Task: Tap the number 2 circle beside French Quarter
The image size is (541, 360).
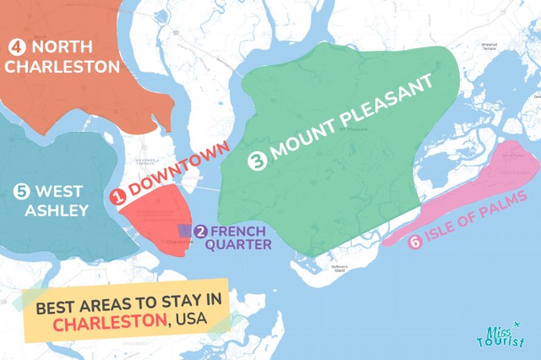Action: [x=201, y=232]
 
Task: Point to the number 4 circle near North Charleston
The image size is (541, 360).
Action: [x=17, y=46]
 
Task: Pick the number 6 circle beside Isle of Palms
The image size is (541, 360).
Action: [x=414, y=243]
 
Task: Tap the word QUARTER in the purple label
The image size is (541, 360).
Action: [x=242, y=245]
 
